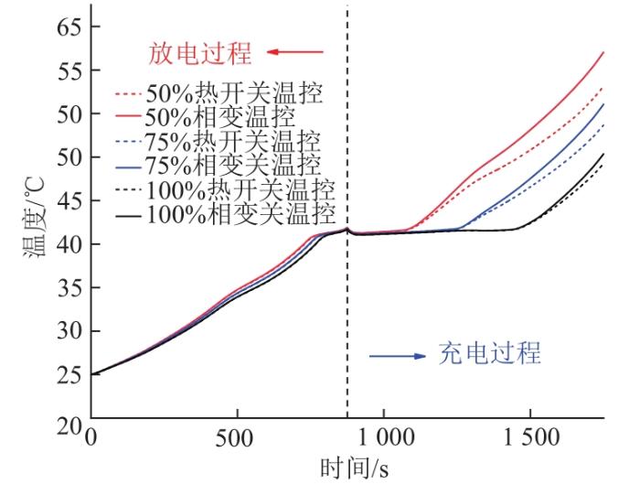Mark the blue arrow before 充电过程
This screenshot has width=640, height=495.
397,355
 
